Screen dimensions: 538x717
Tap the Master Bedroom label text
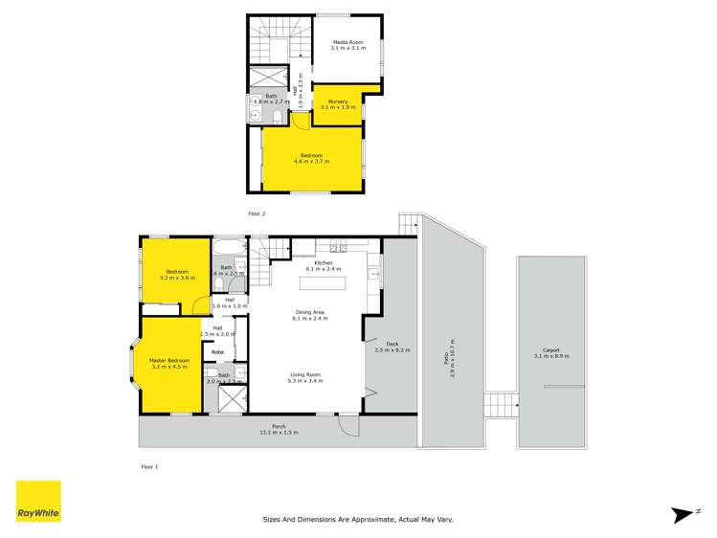click(x=168, y=363)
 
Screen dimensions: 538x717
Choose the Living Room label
click(x=309, y=377)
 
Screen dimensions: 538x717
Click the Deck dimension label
click(x=392, y=348)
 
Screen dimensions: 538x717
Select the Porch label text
click(x=279, y=430)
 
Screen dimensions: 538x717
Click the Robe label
click(x=218, y=352)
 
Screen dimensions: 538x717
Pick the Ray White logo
click(x=38, y=501)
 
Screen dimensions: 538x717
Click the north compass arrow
click(x=683, y=514)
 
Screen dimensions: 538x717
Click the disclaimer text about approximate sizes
click(x=358, y=520)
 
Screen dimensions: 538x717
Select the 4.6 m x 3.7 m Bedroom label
click(x=311, y=158)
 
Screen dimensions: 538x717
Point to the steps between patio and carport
click(x=501, y=406)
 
